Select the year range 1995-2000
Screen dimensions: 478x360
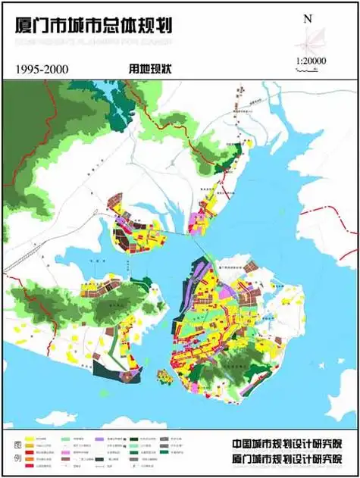pyautogui.click(x=42, y=69)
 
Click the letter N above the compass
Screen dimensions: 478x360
pyautogui.click(x=307, y=18)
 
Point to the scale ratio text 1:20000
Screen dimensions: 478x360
pyautogui.click(x=311, y=60)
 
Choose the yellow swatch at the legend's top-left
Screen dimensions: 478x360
pyautogui.click(x=31, y=438)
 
